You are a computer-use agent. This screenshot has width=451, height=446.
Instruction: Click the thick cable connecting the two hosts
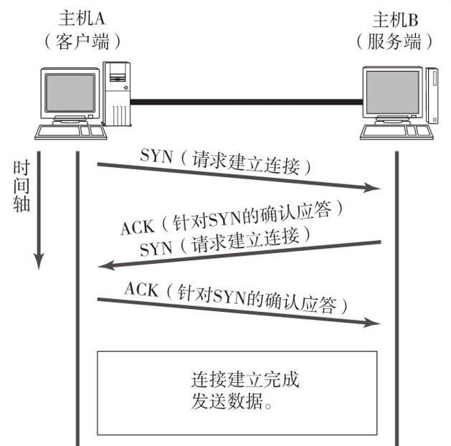[x=244, y=102]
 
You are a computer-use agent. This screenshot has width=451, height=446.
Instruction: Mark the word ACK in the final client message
[x=141, y=289]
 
